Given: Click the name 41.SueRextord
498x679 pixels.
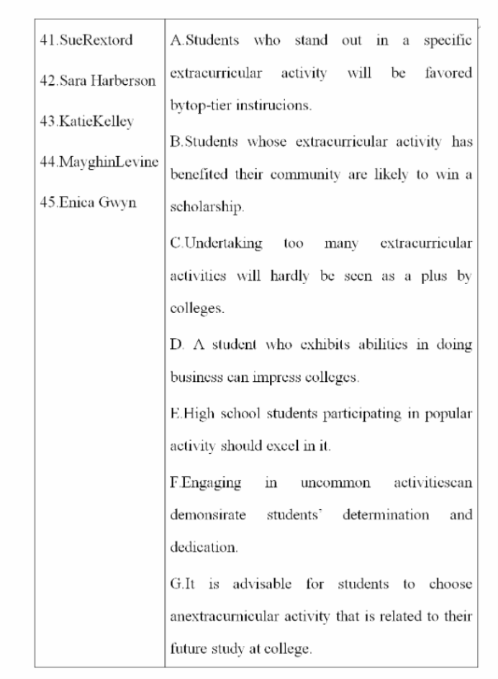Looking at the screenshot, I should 86,40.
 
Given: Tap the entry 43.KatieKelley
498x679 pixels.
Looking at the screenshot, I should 86,122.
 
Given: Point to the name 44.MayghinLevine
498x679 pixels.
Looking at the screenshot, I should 99,162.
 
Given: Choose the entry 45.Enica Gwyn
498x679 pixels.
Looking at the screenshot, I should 88,202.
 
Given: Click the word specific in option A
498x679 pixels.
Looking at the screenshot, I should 448,40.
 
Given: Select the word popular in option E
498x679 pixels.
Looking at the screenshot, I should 448,414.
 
